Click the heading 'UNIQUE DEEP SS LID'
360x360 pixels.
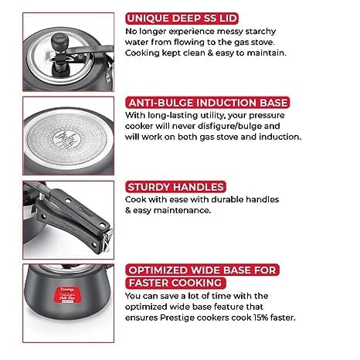coord(182,19)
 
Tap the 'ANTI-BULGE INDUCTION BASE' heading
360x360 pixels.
coord(208,103)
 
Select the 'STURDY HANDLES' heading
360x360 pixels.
coord(175,187)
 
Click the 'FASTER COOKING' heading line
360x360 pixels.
coord(175,283)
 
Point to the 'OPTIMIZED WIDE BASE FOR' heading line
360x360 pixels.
coord(202,270)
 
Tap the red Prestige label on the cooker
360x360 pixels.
coord(68,295)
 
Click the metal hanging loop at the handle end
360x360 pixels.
coord(107,240)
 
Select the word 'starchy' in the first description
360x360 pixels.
coord(260,32)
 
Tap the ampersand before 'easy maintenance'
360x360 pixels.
coord(128,210)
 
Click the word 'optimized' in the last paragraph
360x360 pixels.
coord(146,307)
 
